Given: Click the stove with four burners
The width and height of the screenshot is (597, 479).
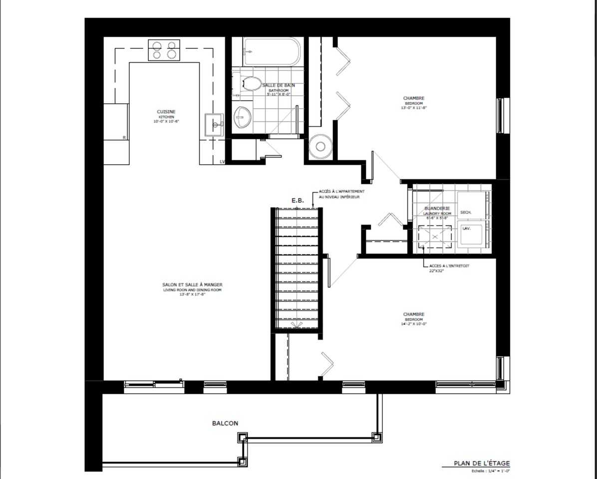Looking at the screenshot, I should [x=164, y=50].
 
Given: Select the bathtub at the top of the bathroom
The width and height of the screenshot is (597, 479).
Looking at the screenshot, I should [x=272, y=51].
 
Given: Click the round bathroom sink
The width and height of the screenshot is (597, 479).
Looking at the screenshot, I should [x=243, y=117].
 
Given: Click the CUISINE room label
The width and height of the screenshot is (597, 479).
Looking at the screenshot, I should [x=166, y=112].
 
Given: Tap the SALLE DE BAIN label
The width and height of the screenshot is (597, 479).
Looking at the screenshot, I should [x=279, y=85].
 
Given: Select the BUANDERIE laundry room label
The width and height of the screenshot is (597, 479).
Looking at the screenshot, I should [x=437, y=208].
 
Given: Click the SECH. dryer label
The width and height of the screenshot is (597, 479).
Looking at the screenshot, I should [x=466, y=213].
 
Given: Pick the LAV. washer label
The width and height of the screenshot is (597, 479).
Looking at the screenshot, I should [x=467, y=228].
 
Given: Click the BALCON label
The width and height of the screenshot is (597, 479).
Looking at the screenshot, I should [x=225, y=423].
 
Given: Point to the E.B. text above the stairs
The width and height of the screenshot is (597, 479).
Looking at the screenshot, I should [x=298, y=201].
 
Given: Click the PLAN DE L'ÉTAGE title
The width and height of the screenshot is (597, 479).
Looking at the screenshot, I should [x=482, y=463].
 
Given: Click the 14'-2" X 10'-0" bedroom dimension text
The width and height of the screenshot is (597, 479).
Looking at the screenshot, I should [x=414, y=324].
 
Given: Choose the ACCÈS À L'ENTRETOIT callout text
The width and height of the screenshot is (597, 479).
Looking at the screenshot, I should [x=449, y=266].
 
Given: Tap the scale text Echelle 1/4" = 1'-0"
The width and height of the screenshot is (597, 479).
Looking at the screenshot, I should [x=493, y=471].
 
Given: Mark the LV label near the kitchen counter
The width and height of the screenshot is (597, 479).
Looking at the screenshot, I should [x=223, y=162].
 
